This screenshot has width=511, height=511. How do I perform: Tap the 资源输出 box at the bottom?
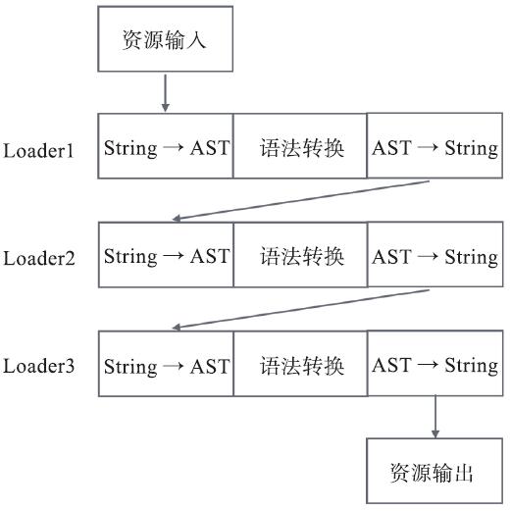tap(434, 473)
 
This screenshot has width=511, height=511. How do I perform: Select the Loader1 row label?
tap(38, 151)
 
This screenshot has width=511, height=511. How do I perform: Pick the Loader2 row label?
tap(38, 259)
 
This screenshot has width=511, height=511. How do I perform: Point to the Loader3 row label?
tap(38, 367)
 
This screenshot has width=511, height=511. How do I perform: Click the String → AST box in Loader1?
tap(166, 147)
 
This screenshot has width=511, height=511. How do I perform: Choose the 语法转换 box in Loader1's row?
tap(300, 147)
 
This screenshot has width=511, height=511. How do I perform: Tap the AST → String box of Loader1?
tap(434, 147)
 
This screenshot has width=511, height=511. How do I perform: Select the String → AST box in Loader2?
tap(166, 255)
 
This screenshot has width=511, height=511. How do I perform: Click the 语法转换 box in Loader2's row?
tap(300, 255)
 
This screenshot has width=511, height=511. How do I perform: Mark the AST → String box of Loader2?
tap(434, 255)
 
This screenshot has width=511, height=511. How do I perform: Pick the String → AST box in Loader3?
tap(166, 365)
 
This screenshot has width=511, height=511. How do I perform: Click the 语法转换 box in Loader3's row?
tap(300, 365)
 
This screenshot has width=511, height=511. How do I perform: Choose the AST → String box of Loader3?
tap(434, 365)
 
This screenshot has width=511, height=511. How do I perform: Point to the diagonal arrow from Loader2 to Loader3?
tap(299, 309)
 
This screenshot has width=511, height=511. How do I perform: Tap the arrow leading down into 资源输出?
tap(434, 418)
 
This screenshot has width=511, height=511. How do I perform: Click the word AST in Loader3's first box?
tap(209, 366)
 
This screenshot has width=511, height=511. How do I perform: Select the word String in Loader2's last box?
tap(471, 257)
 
